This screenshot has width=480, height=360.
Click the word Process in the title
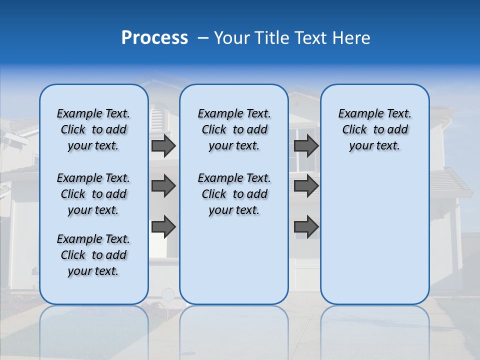[x=154, y=38]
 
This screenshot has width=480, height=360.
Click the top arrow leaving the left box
[x=163, y=146]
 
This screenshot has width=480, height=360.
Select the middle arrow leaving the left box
[x=163, y=186]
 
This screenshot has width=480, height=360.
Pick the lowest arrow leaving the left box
[x=163, y=226]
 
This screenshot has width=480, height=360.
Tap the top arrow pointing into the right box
[x=306, y=146]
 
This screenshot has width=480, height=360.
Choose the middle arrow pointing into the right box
[x=306, y=186]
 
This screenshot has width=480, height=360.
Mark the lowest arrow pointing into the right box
[x=306, y=226]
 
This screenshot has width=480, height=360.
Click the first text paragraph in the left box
[x=93, y=129]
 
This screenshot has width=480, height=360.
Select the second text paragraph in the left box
[x=93, y=194]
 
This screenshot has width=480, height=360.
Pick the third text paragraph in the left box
[x=93, y=255]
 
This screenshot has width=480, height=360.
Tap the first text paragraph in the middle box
[x=234, y=129]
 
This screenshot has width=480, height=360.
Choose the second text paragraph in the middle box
[x=234, y=194]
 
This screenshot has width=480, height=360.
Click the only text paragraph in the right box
[x=374, y=129]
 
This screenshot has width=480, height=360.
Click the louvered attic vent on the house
[x=157, y=117]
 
